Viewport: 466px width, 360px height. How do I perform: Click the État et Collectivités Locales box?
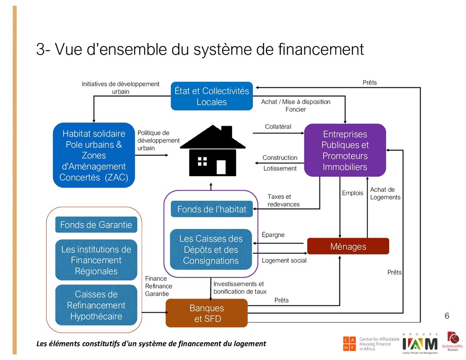[x=212, y=96]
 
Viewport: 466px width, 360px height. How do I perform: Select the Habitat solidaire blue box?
[x=94, y=155]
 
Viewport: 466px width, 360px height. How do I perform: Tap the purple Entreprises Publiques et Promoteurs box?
[x=344, y=150]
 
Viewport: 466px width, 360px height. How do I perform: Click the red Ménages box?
[x=348, y=246]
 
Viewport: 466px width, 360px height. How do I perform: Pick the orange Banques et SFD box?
[x=207, y=313]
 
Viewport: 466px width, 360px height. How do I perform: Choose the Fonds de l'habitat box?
[x=212, y=209]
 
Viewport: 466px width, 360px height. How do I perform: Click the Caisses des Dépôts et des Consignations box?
[x=211, y=249]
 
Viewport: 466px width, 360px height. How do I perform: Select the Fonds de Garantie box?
[x=96, y=224]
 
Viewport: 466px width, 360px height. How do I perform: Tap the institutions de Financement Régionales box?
[x=96, y=260]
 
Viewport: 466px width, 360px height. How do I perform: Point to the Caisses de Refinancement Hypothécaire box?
[x=96, y=305]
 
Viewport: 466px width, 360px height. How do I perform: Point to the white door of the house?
[x=221, y=167]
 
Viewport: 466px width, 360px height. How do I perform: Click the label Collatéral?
[x=278, y=127]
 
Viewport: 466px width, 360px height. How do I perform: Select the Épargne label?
[x=274, y=235]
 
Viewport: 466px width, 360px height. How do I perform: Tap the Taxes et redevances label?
[x=283, y=200]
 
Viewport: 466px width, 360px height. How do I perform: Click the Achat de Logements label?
[x=385, y=193]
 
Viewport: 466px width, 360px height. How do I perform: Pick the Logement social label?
[x=284, y=261]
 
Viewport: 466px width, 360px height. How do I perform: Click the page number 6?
[x=446, y=316]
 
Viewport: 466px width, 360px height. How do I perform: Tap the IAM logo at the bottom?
[x=419, y=343]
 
